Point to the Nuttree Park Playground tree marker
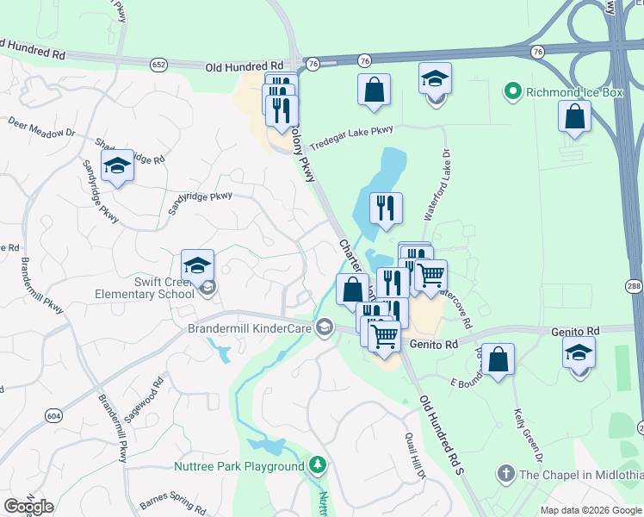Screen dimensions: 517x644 pyautogui.click(x=319, y=466)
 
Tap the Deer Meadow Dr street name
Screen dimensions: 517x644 pyautogui.click(x=42, y=129)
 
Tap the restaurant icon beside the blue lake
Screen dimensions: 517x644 pyautogui.click(x=386, y=208)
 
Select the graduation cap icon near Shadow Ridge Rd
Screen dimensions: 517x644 pyautogui.click(x=117, y=168)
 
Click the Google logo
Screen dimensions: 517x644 pyautogui.click(x=29, y=507)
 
